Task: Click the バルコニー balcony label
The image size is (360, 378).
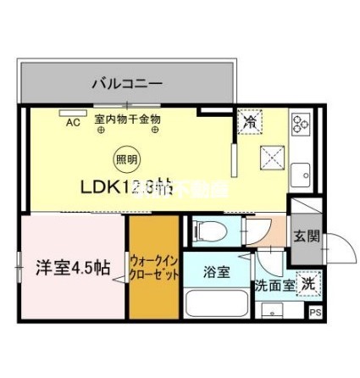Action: [127, 83]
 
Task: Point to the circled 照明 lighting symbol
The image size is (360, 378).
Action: [124, 158]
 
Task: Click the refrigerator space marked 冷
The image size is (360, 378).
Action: [249, 121]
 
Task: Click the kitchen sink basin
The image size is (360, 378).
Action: [301, 175]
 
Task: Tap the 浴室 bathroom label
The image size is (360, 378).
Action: [215, 272]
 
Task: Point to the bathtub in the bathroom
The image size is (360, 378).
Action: [216, 304]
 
